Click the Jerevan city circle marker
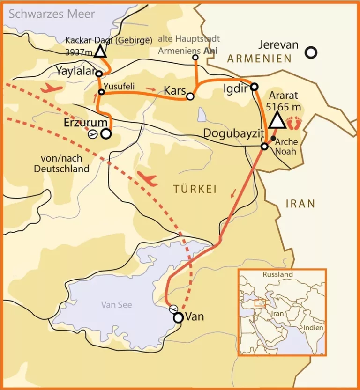pos(310,52)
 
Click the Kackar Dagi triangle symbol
pos(99,51)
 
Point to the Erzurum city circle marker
pos(106,134)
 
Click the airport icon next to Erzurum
pos(93,134)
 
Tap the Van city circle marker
pos(178,317)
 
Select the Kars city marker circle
pos(190,96)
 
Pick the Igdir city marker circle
pos(254,87)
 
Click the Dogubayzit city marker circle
pos(264,147)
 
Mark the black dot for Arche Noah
pos(273,138)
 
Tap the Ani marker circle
pos(195,58)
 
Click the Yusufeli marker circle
pos(100,92)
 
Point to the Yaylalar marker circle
pos(98,74)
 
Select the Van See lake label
pos(117,305)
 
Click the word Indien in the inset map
pos(313,327)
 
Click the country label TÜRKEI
pos(195,189)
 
